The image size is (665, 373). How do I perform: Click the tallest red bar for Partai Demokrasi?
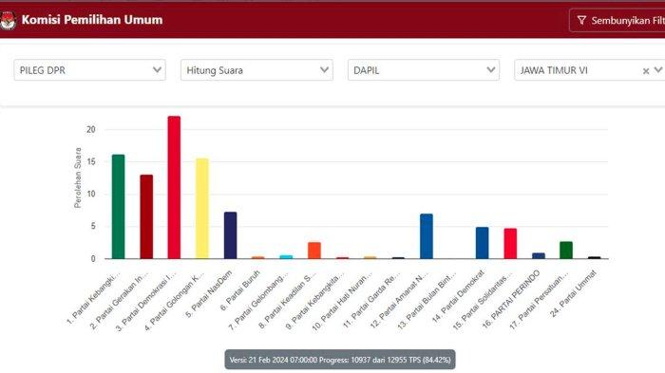tap(174, 187)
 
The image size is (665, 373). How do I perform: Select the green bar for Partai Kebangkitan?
tap(118, 206)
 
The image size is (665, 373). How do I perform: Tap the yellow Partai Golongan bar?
tap(201, 208)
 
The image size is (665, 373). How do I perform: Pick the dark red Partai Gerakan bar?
tap(146, 216)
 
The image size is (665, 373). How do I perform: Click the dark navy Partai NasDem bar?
tap(230, 234)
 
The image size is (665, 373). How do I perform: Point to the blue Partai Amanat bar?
tap(427, 235)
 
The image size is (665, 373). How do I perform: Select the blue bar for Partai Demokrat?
tap(483, 242)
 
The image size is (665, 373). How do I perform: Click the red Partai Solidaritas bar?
tap(510, 243)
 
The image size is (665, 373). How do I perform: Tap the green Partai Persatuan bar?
tap(566, 250)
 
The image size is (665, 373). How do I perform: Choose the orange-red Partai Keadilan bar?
tap(314, 250)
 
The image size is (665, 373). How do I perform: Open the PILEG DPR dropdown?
tap(90, 70)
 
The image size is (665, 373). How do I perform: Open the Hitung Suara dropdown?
tap(256, 70)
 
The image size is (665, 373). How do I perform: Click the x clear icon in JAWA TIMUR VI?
tap(646, 71)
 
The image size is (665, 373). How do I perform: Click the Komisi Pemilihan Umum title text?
tap(91, 19)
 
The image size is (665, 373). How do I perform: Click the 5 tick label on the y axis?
tap(91, 226)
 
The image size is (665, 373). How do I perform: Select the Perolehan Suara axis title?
tap(78, 177)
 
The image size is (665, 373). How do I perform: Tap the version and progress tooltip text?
tap(340, 360)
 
